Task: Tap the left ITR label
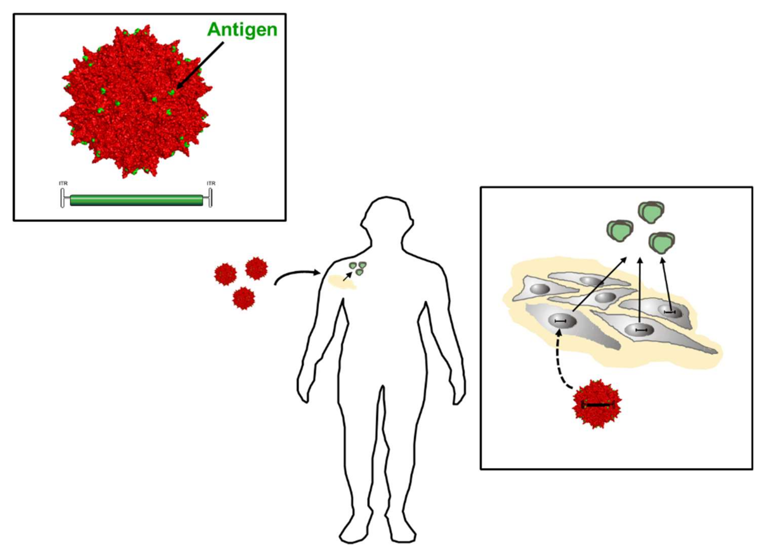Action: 63,183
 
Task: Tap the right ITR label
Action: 211,183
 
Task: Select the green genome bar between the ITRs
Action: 136,200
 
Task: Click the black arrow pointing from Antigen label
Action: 200,65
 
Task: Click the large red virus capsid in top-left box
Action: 135,101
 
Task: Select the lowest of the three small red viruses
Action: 244,298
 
